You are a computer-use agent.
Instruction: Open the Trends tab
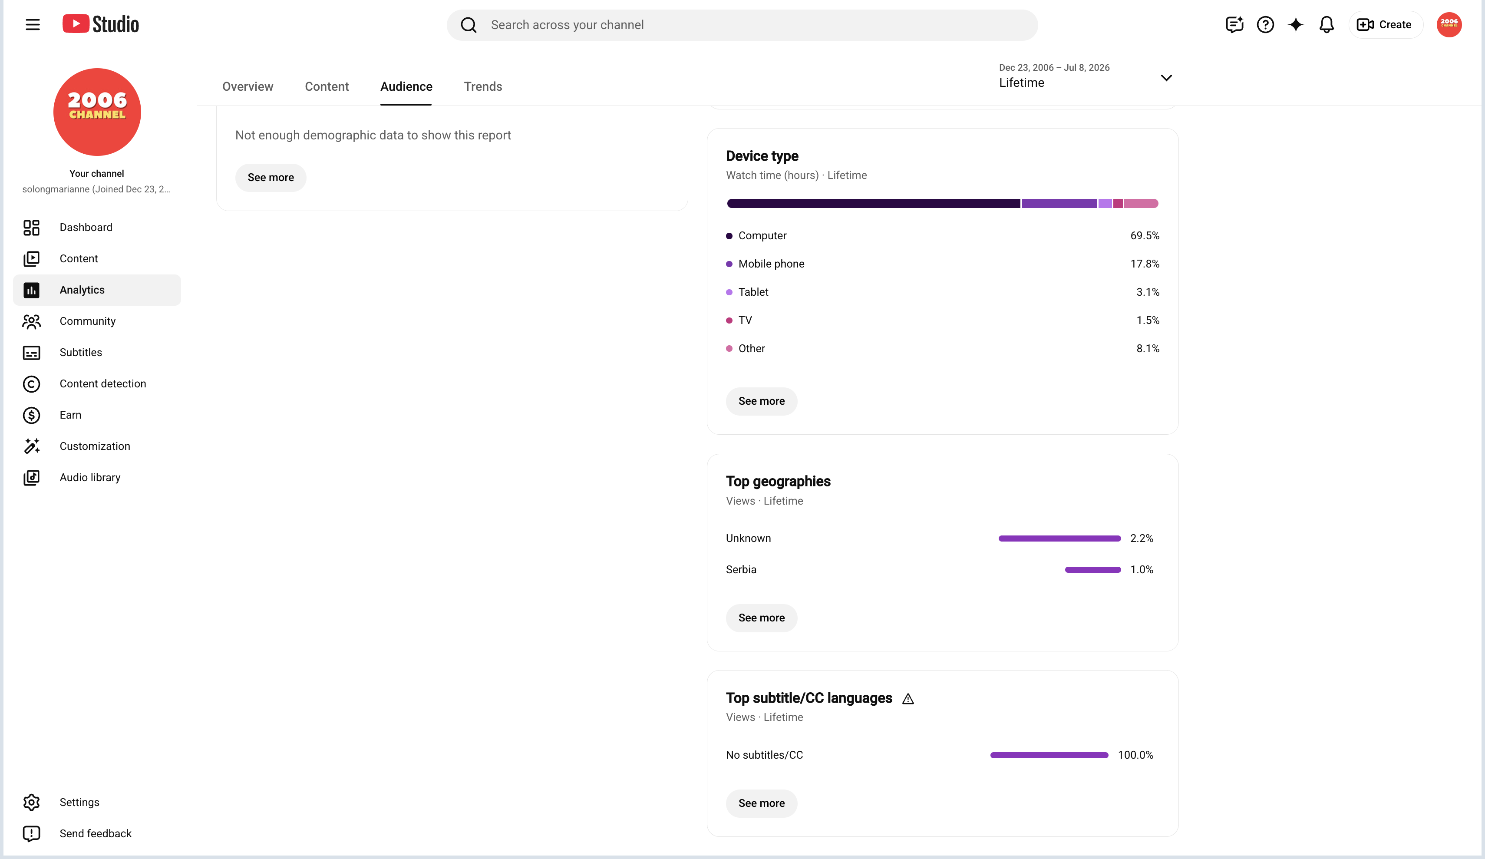click(483, 87)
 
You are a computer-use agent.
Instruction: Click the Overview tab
click(247, 87)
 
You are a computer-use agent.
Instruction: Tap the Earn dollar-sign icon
click(31, 415)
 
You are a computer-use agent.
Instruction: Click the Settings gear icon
click(31, 803)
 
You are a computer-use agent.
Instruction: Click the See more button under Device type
click(761, 402)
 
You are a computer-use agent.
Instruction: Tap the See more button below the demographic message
click(271, 178)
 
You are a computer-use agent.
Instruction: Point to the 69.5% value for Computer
click(1145, 236)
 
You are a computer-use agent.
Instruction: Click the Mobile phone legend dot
click(729, 264)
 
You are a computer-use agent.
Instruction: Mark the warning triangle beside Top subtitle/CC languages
click(908, 699)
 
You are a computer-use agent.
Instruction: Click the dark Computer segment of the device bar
click(873, 203)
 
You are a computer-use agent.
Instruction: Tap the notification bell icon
click(1326, 25)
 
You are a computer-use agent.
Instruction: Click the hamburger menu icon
click(33, 25)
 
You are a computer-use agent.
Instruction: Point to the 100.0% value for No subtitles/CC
click(1135, 755)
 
